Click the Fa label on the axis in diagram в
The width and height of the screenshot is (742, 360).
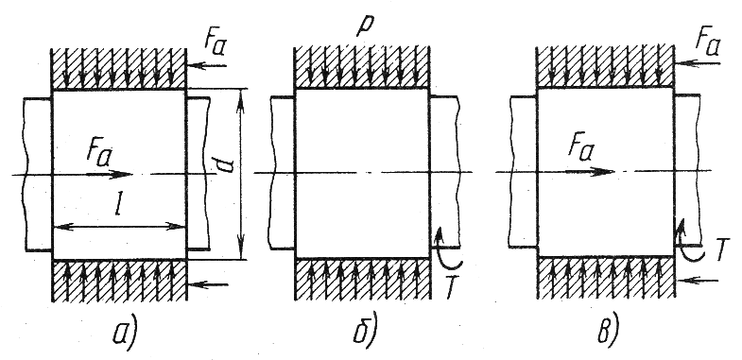581,150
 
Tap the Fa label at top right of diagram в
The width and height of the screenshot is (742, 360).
707,43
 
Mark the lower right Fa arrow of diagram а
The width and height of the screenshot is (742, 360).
208,284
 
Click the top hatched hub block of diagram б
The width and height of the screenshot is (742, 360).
362,67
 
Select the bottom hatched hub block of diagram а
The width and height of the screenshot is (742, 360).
119,280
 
